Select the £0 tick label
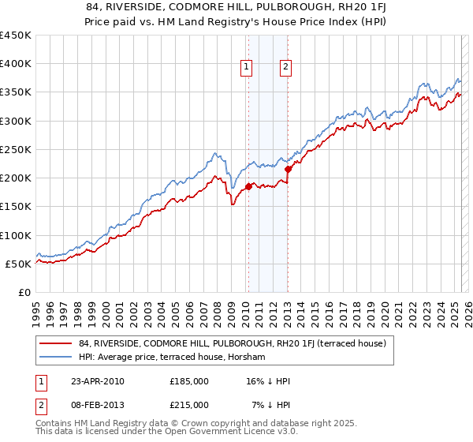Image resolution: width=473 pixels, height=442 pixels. tap(24, 292)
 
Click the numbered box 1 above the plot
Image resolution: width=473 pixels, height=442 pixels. tap(248, 68)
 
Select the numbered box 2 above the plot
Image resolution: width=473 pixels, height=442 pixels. tap(285, 68)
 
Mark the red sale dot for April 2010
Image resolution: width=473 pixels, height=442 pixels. tap(248, 186)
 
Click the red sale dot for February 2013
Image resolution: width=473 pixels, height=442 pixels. tap(288, 169)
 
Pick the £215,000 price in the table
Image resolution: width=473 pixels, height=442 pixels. tap(189, 404)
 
